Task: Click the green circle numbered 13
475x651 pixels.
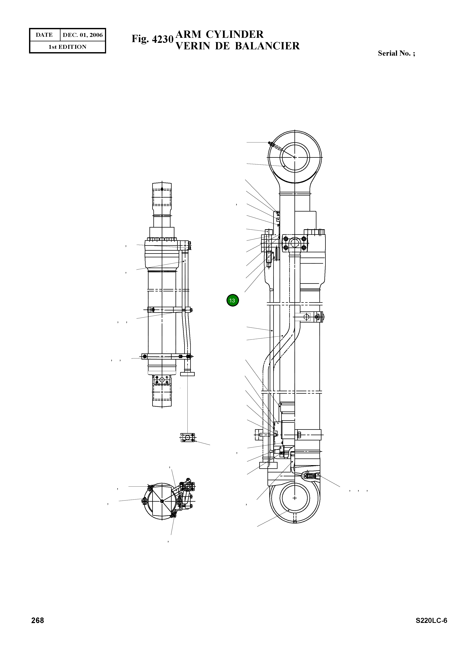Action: (x=232, y=301)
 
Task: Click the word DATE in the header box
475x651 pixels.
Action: (x=44, y=35)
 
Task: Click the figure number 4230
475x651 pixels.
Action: (x=162, y=39)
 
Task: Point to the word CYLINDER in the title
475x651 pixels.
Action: (x=234, y=34)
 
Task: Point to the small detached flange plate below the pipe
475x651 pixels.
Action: (x=187, y=438)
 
